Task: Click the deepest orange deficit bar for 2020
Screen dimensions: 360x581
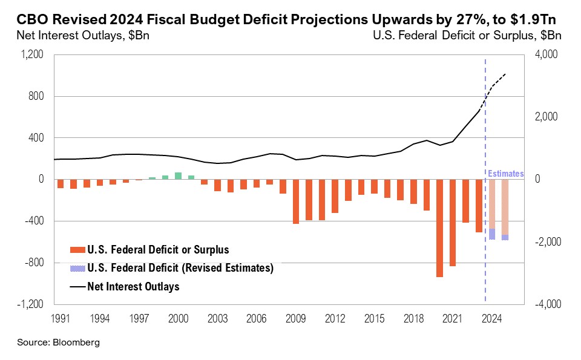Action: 439,228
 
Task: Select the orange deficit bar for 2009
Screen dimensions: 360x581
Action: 296,201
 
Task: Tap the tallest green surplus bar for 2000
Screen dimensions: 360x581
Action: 178,176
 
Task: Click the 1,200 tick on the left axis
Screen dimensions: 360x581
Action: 33,54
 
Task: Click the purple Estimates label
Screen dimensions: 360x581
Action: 506,174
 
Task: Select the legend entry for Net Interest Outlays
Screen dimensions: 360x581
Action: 133,287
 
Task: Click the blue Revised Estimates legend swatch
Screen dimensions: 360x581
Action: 77,268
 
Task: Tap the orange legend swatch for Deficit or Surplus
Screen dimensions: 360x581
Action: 77,249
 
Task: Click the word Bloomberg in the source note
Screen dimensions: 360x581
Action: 75,342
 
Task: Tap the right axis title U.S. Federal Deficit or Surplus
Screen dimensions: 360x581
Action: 468,35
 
